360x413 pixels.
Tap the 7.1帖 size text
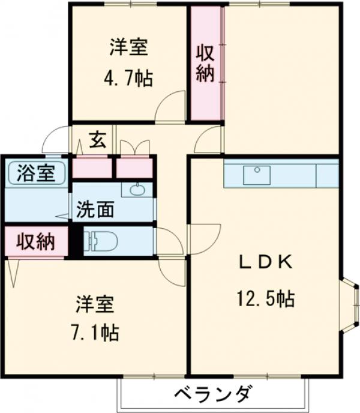97,331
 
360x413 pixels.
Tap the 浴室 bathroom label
36,173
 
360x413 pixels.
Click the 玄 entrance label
98,140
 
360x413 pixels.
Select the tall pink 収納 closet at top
206,63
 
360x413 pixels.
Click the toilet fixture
102,241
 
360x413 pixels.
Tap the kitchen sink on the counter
256,175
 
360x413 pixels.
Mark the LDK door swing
208,141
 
